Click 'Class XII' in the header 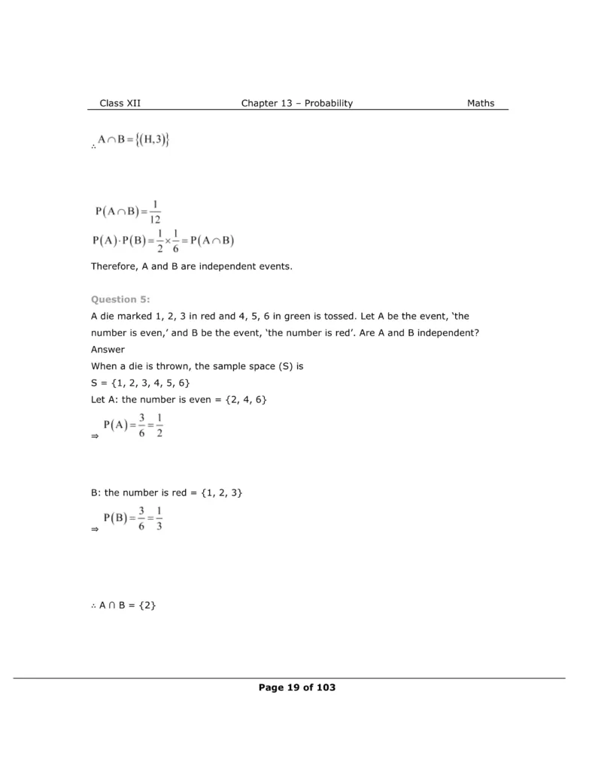pos(120,104)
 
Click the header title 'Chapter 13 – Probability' pos(296,104)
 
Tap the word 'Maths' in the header pos(481,104)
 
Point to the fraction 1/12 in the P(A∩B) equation pos(154,213)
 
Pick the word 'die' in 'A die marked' pos(108,317)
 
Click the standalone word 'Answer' pos(108,350)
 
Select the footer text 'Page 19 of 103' pos(296,687)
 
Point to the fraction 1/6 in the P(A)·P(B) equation pos(175,242)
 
